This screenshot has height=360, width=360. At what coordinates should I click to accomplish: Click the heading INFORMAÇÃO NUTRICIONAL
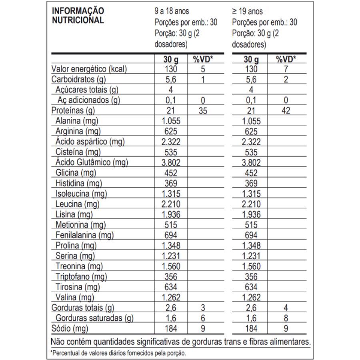(78, 15)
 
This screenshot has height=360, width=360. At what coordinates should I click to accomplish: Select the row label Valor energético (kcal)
(89, 69)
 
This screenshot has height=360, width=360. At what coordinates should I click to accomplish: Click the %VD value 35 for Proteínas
(203, 111)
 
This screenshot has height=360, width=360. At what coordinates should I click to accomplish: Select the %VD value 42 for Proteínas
(286, 111)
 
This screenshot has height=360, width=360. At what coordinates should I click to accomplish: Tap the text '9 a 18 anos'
(172, 11)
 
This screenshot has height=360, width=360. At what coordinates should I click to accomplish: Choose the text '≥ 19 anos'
(247, 11)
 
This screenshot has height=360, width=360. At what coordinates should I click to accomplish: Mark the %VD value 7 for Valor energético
(286, 69)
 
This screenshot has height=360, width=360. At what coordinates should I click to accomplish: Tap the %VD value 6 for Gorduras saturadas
(203, 318)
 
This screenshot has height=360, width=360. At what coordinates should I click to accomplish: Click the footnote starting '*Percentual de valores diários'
(118, 353)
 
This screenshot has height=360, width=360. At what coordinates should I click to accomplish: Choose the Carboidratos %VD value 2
(286, 80)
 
